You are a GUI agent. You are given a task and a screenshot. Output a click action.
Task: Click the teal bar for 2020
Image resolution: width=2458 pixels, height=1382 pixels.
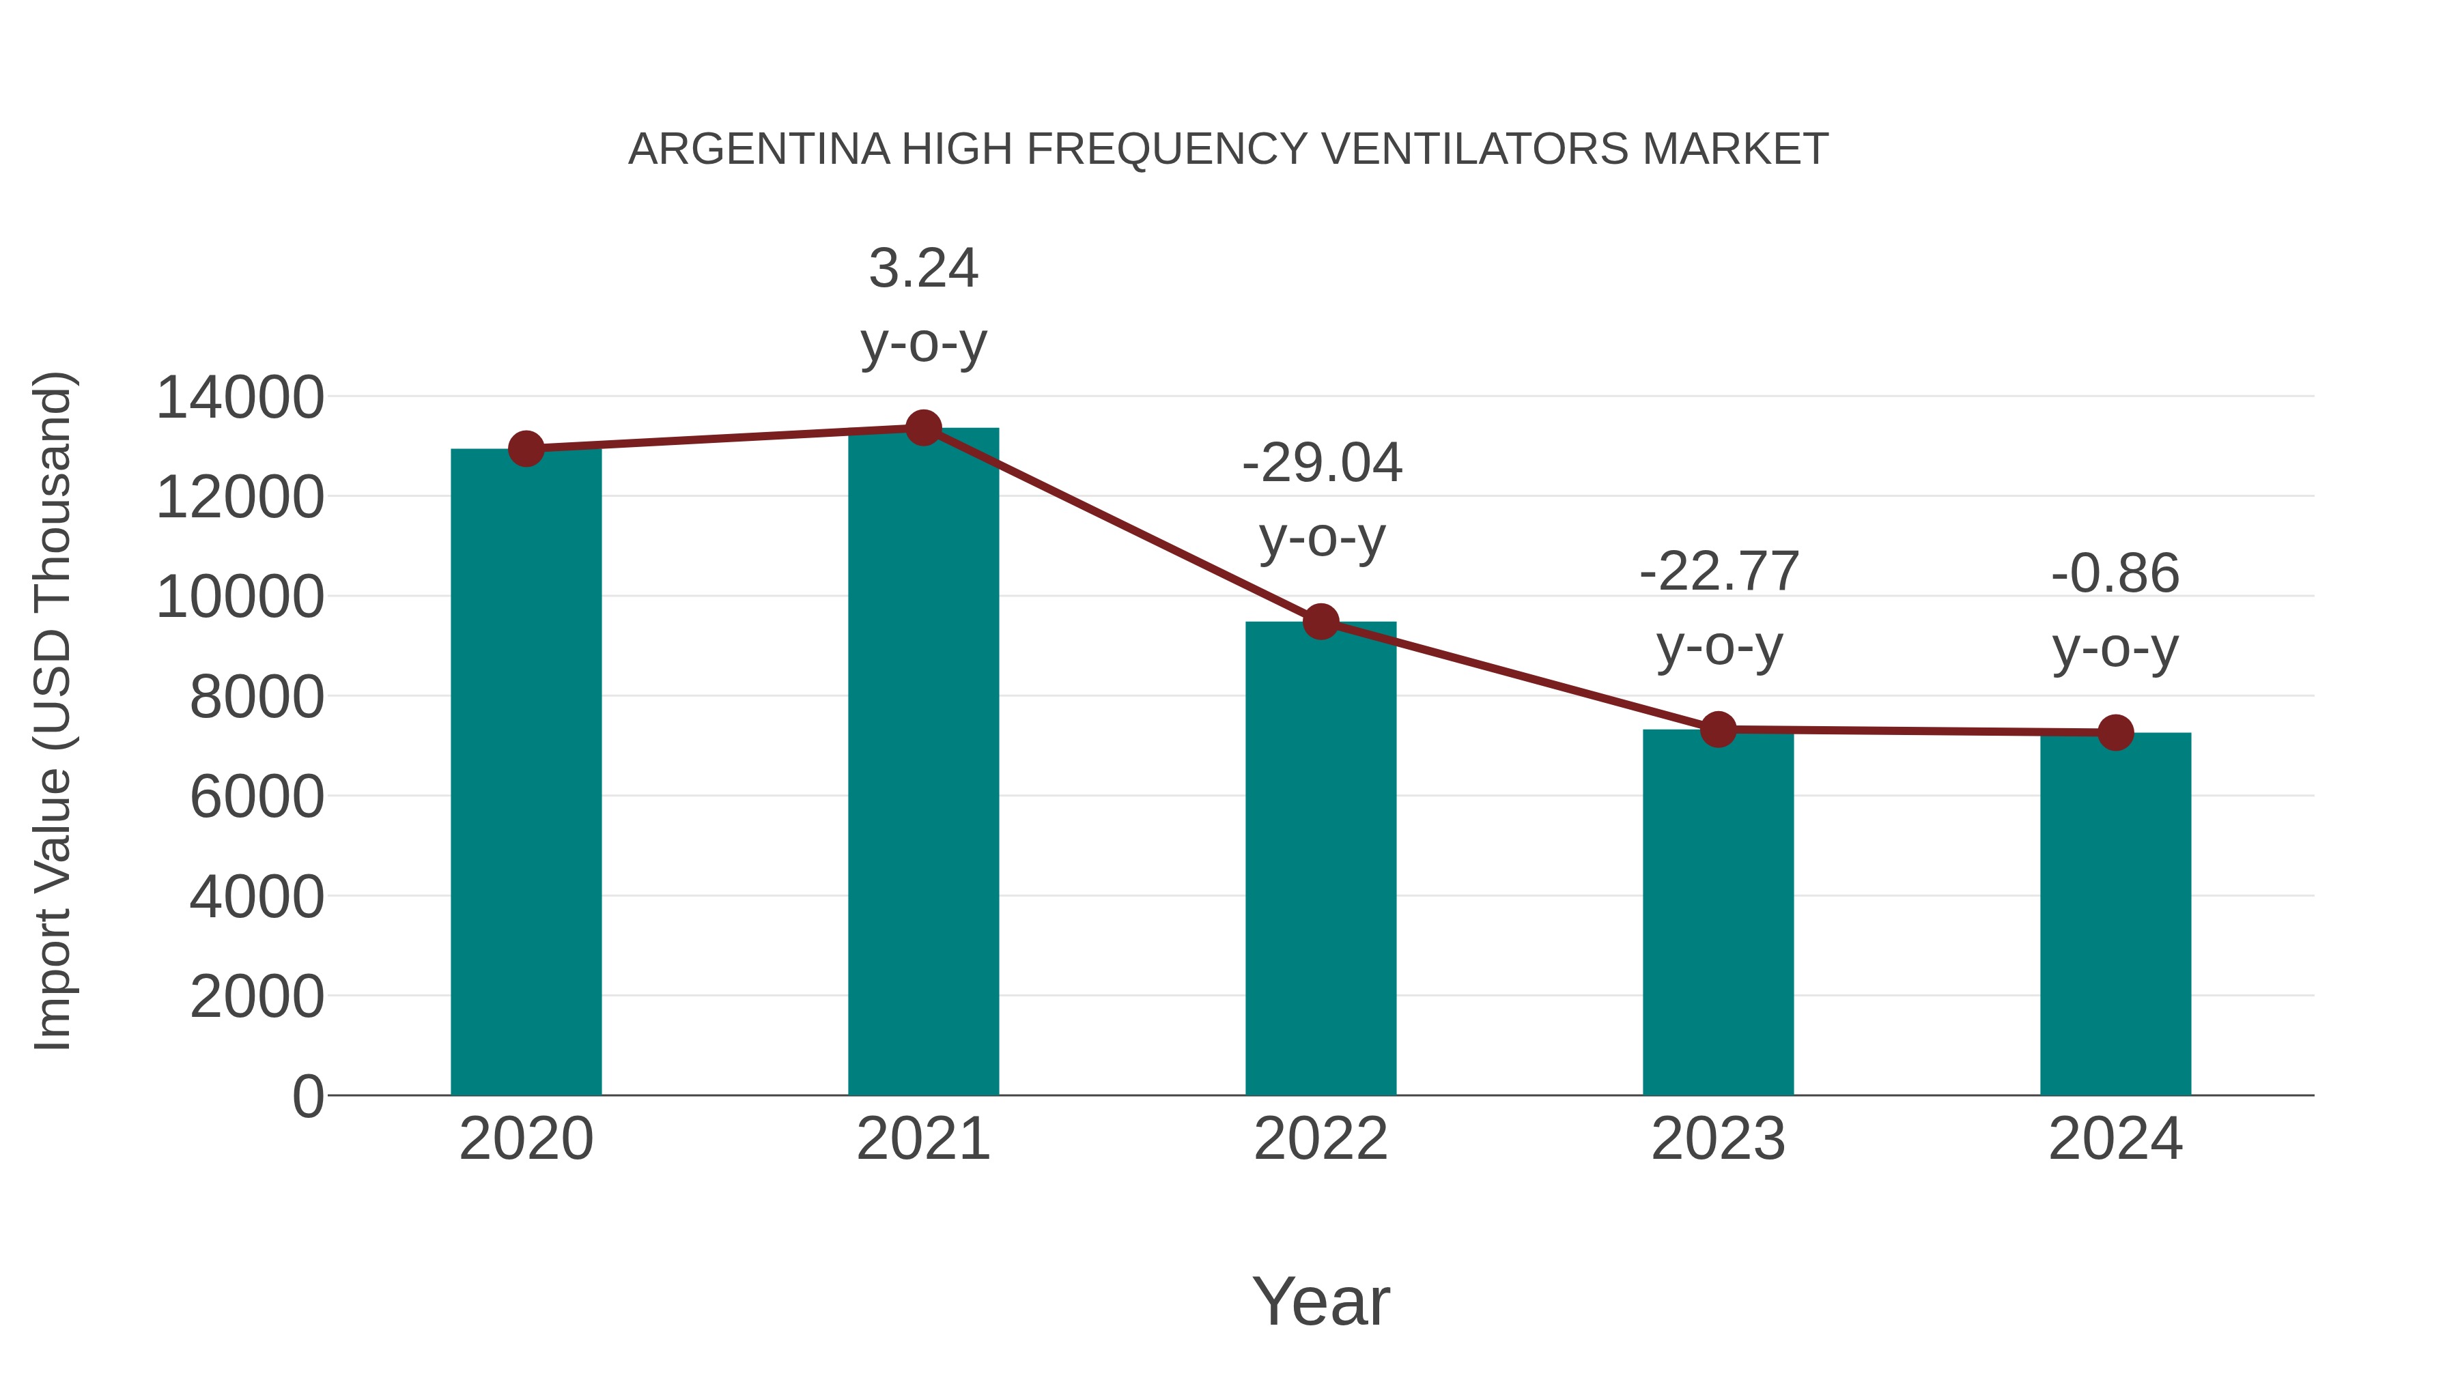click(x=526, y=773)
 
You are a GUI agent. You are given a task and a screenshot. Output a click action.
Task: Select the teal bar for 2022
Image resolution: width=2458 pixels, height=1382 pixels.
click(x=1320, y=859)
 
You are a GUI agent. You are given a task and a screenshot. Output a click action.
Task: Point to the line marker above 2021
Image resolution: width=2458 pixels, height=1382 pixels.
click(x=922, y=428)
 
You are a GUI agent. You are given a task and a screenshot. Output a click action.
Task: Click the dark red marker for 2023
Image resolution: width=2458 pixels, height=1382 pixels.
click(x=1718, y=730)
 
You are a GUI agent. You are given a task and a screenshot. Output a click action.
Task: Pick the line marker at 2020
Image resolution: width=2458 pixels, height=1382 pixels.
click(x=526, y=448)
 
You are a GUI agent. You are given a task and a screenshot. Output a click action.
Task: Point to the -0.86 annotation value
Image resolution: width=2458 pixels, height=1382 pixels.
click(x=2115, y=574)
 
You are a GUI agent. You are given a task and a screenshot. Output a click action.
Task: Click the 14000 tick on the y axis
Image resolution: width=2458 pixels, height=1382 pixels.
click(x=240, y=398)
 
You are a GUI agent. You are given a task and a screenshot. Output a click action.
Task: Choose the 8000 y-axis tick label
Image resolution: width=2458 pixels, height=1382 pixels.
click(x=257, y=697)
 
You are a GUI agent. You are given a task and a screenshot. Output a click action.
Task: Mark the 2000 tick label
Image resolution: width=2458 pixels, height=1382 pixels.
click(x=257, y=996)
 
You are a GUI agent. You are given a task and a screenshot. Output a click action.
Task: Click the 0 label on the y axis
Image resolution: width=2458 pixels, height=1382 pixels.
click(x=308, y=1097)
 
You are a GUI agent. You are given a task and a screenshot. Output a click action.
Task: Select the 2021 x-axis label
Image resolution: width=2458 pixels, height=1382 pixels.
click(x=922, y=1139)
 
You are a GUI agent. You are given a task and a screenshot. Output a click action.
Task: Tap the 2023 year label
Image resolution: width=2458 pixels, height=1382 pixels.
click(x=1718, y=1139)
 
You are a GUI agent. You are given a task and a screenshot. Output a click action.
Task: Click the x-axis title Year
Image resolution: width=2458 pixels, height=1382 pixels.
click(x=1320, y=1301)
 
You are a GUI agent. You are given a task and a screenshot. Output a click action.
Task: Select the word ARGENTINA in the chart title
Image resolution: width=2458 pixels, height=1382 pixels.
click(x=759, y=149)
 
